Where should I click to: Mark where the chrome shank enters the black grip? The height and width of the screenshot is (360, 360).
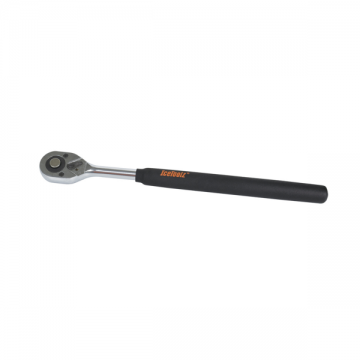137,174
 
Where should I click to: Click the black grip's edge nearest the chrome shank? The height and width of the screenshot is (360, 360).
138,175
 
